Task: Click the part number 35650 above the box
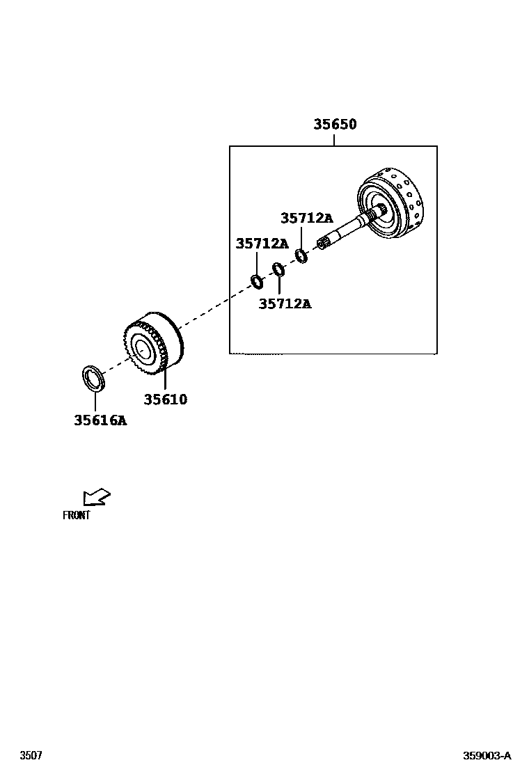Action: tap(334, 125)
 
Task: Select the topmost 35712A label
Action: tap(307, 218)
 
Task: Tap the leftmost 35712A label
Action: tap(262, 244)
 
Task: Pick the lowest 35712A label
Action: tap(285, 303)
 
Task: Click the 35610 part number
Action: tap(166, 400)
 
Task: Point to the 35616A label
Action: tap(100, 420)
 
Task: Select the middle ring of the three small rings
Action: tap(278, 269)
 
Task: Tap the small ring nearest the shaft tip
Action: tap(301, 256)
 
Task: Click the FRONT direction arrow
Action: tap(96, 497)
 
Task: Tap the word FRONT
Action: tap(77, 516)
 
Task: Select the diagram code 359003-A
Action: tap(487, 756)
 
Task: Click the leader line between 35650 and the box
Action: tap(334, 139)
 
